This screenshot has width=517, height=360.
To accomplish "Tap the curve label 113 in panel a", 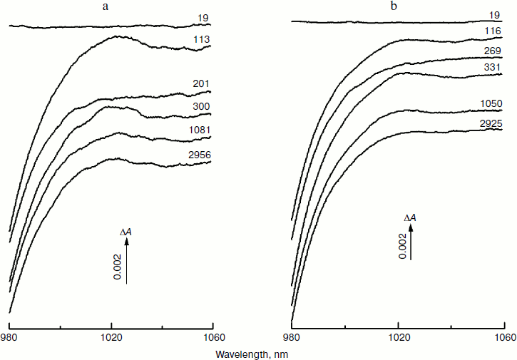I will tap(202, 41).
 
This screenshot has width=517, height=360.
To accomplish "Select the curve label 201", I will tap(202, 84).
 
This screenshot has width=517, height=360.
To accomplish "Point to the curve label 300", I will tap(202, 107).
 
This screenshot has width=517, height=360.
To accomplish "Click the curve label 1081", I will tap(200, 130).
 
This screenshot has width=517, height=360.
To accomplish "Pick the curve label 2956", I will tap(200, 155).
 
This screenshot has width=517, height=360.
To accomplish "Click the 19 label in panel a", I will tap(204, 16).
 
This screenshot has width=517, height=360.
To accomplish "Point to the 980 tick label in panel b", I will tap(291, 337).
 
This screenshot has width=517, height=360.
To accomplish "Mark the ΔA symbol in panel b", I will tap(410, 217).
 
